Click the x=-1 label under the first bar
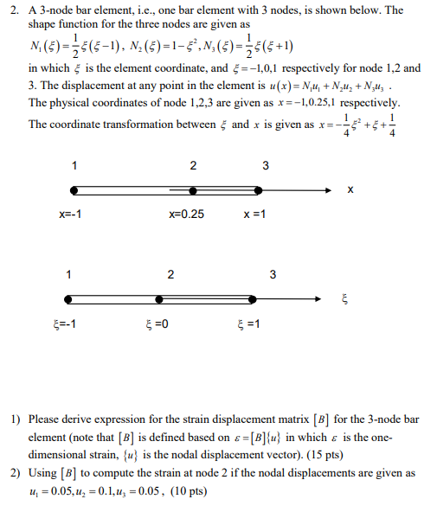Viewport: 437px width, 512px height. (70, 214)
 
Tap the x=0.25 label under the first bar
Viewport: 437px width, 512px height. (186, 214)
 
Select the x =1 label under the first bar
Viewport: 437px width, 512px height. (254, 214)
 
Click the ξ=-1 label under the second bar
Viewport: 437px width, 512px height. (64, 324)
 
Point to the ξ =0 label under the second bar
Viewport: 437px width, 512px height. (157, 324)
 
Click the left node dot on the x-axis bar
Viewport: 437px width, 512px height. (74, 189)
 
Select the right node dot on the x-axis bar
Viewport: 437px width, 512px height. (260, 189)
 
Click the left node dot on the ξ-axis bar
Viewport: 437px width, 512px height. (74, 299)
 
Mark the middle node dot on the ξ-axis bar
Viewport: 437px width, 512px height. (161, 299)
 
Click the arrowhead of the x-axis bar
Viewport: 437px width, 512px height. (326, 189)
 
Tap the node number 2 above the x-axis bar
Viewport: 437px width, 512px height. (193, 165)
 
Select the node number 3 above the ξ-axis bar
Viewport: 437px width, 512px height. (273, 275)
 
